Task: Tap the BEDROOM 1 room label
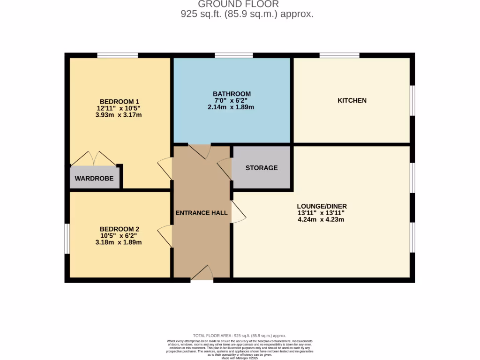click(x=120, y=102)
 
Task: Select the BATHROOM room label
click(x=232, y=94)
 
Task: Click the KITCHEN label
click(x=352, y=100)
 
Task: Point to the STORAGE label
click(x=262, y=168)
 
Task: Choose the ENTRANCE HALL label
click(x=202, y=213)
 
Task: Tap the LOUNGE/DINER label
click(x=322, y=206)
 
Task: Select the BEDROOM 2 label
click(x=119, y=229)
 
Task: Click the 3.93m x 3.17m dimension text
click(x=119, y=115)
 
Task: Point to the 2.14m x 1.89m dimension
click(x=232, y=107)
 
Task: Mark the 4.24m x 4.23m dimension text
click(x=322, y=219)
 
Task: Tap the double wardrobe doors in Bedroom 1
click(x=93, y=159)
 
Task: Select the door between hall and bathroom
click(x=200, y=150)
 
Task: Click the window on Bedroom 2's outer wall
click(x=67, y=239)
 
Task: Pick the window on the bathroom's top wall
click(x=233, y=55)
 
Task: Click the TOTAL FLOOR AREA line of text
click(x=240, y=336)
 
